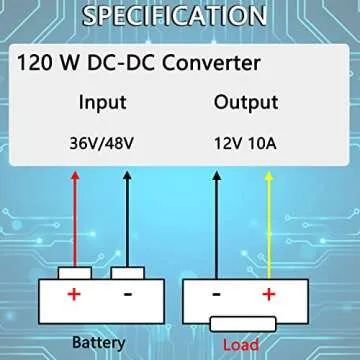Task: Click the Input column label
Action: tap(104, 102)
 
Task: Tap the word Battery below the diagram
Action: tap(99, 342)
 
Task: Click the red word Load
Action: tap(242, 344)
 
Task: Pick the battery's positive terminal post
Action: tap(74, 273)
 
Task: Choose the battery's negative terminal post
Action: tap(128, 273)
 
